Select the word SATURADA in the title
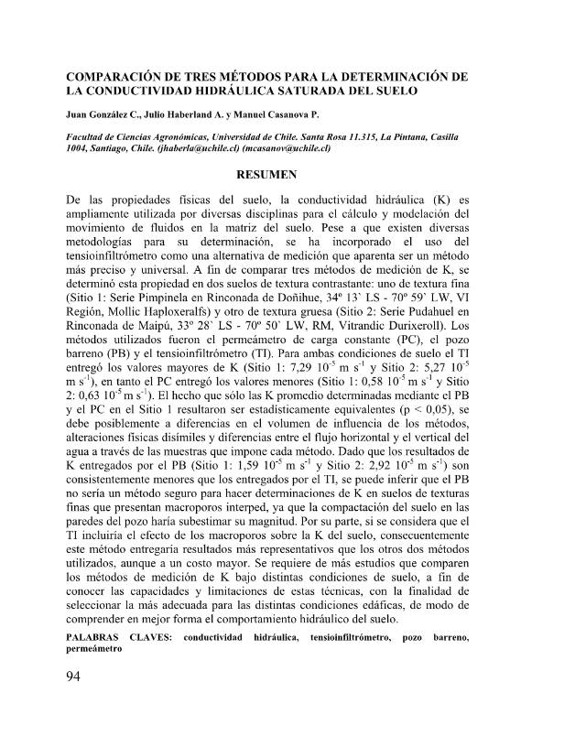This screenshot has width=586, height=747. pyautogui.click(x=308, y=92)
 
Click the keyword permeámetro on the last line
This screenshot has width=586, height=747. pyautogui.click(x=94, y=648)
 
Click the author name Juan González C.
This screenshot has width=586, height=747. pyautogui.click(x=101, y=117)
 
